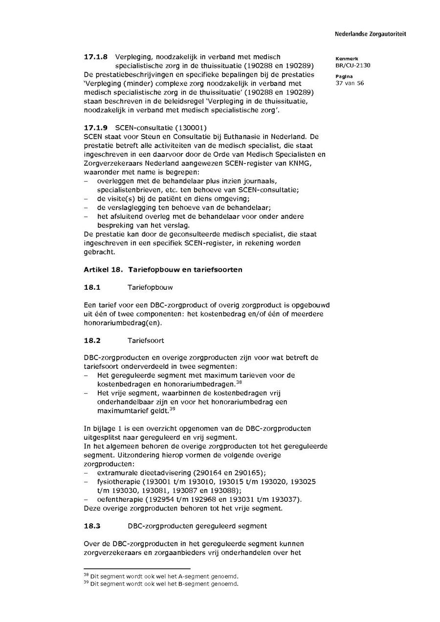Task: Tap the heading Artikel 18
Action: click(x=101, y=269)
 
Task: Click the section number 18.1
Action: click(x=92, y=287)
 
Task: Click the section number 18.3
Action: click(x=92, y=526)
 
